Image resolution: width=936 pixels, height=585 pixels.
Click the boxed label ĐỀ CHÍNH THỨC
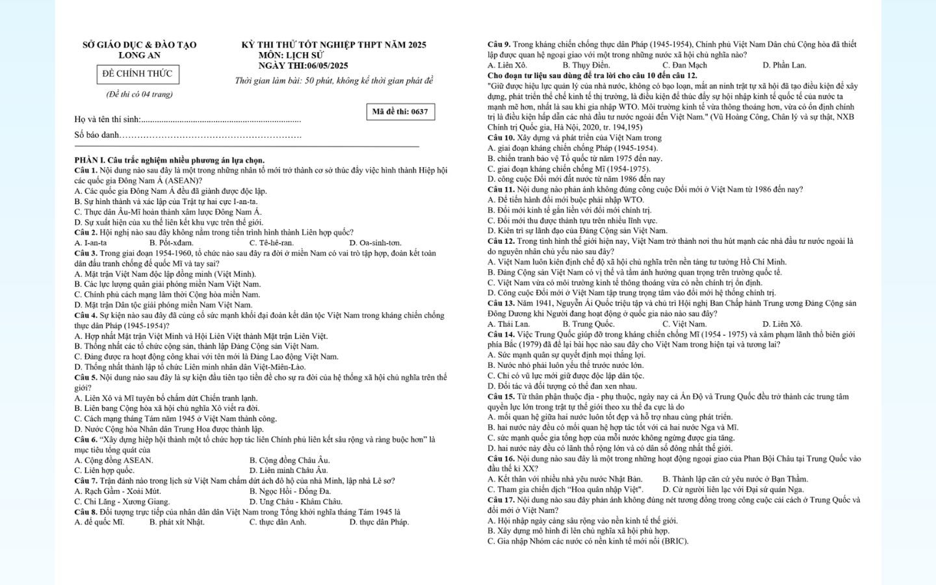pyautogui.click(x=137, y=74)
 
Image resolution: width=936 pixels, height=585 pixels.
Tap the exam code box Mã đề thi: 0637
pyautogui.click(x=400, y=112)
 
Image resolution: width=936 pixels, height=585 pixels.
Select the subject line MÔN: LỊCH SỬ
pyautogui.click(x=291, y=55)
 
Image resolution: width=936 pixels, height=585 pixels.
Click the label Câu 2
pyautogui.click(x=86, y=233)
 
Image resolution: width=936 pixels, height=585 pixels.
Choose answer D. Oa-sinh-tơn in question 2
pyautogui.click(x=375, y=243)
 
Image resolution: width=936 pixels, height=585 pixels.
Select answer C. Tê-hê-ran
pyautogui.click(x=272, y=243)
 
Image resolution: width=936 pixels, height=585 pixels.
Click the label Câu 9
pyautogui.click(x=499, y=45)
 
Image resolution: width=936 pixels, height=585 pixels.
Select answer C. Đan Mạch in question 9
pyautogui.click(x=684, y=66)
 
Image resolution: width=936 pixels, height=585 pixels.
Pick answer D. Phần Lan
pyautogui.click(x=784, y=66)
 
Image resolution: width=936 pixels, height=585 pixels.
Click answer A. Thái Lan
pyautogui.click(x=508, y=324)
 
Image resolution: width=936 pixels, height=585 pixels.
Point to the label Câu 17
pyautogui.click(x=500, y=500)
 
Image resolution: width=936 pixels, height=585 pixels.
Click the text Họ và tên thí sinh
pyautogui.click(x=107, y=120)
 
